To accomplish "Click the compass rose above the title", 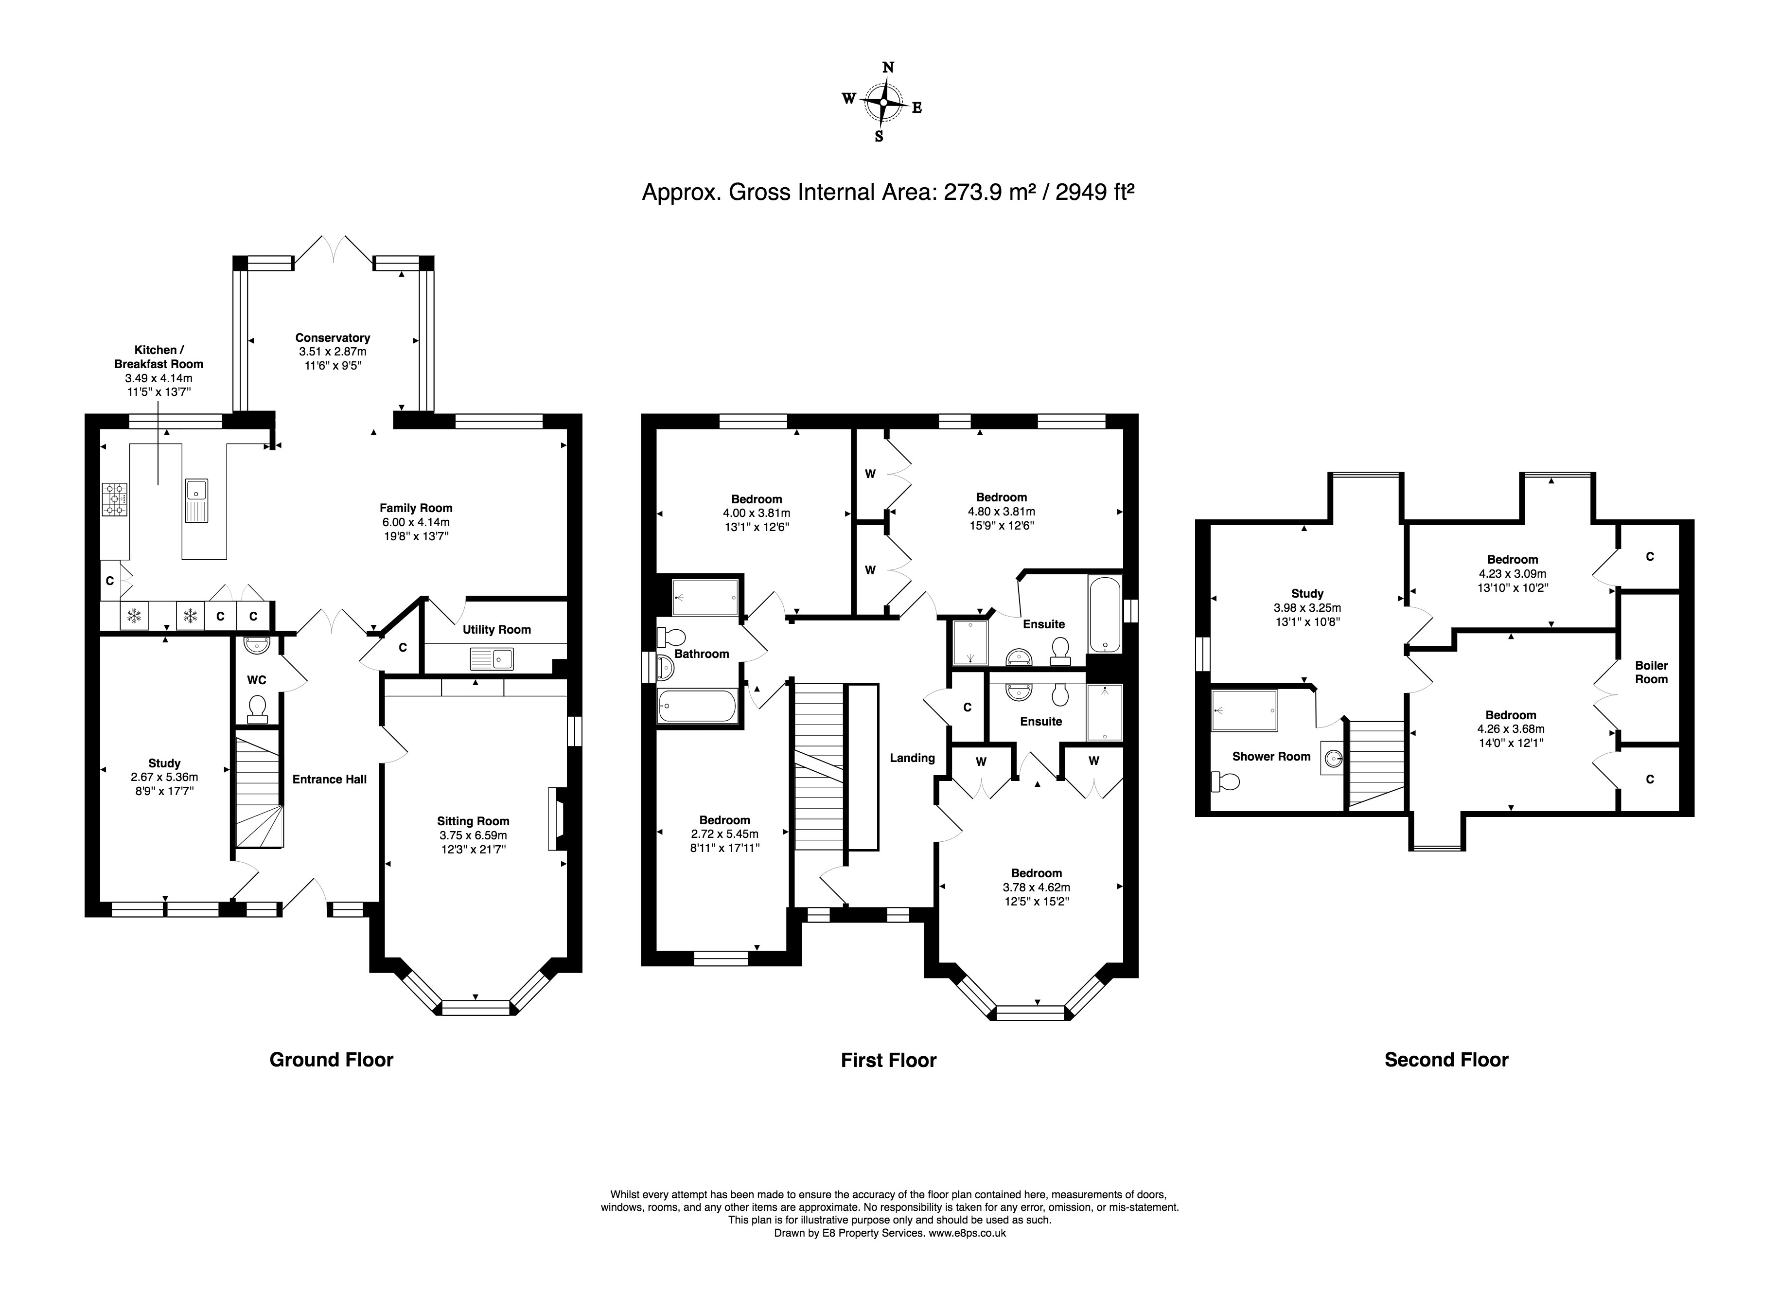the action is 884,103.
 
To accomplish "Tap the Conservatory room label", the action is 333,338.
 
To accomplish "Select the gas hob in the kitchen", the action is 115,499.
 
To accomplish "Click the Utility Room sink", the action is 492,659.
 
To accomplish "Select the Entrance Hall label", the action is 330,779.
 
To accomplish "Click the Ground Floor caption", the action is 331,1060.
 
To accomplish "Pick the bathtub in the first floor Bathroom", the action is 697,706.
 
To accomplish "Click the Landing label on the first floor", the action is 912,758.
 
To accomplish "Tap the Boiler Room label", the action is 1651,672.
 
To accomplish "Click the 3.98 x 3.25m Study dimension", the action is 1307,608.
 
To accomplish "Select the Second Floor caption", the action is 1446,1060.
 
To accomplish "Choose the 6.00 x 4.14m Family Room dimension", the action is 416,522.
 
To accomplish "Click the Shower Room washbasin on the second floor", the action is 1332,758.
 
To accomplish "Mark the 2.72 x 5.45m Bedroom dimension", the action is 725,834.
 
